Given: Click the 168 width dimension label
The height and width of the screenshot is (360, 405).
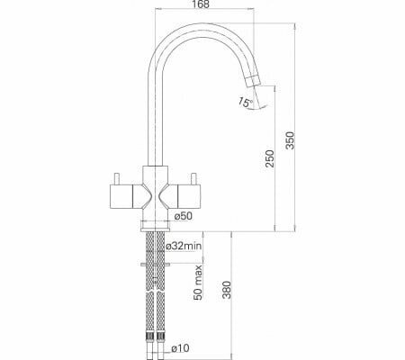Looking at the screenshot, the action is [202, 4].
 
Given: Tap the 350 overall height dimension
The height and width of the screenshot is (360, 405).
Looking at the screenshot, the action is [291, 140].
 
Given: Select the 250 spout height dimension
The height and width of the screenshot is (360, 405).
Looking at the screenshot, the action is [270, 158].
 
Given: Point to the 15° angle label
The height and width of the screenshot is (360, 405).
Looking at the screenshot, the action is [246, 102].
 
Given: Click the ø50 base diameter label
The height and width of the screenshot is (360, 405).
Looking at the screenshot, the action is [183, 215].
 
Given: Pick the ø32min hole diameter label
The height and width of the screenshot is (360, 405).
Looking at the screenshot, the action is [184, 246].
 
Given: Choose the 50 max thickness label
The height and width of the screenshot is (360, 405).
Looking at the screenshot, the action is [198, 283].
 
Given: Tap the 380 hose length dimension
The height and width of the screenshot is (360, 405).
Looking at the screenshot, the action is [227, 290].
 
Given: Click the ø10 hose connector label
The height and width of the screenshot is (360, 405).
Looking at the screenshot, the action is [180, 348].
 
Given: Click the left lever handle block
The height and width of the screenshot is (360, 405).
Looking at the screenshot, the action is [121, 196].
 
